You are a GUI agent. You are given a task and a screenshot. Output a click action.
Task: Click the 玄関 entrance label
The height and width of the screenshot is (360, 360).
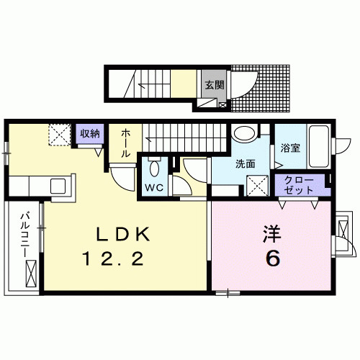[214, 84]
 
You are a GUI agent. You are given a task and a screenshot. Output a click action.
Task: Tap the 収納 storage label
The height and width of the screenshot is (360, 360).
[89, 134]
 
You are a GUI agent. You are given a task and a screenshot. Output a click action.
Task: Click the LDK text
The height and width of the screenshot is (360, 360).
[124, 235]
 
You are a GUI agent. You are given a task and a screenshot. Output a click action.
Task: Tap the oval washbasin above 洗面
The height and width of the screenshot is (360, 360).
[245, 133]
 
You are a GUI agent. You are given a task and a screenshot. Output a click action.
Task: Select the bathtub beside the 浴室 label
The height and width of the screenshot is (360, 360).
[319, 145]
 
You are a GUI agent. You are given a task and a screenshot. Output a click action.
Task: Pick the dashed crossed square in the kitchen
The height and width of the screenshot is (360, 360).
[58, 133]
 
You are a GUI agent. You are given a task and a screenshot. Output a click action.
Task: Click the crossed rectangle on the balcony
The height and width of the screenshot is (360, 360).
[31, 274]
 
